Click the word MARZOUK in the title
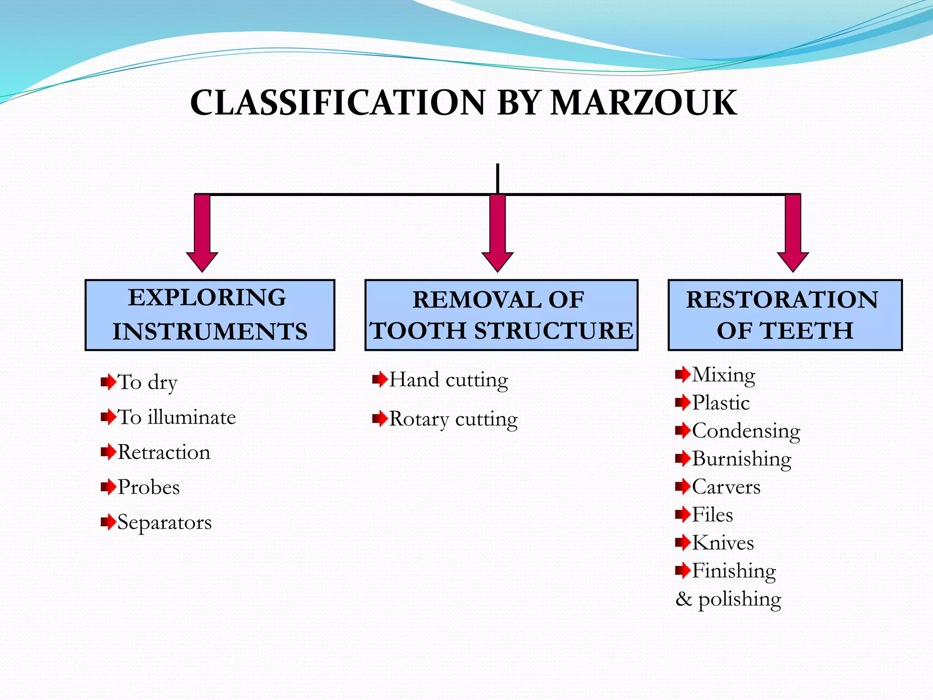coord(643,103)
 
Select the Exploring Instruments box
coord(210,315)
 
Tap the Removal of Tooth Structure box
coord(501,315)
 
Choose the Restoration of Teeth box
coord(784,315)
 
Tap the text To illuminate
coord(177,417)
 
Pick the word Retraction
coord(164,453)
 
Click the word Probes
coord(149,488)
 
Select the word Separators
coord(164,523)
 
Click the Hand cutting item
coord(448,380)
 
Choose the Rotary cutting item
coord(453,419)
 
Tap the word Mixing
coord(723,375)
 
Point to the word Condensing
coord(746,431)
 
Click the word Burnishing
coord(742,459)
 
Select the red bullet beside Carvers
coord(682,487)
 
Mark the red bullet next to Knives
coord(682,542)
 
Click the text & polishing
coord(728,599)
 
